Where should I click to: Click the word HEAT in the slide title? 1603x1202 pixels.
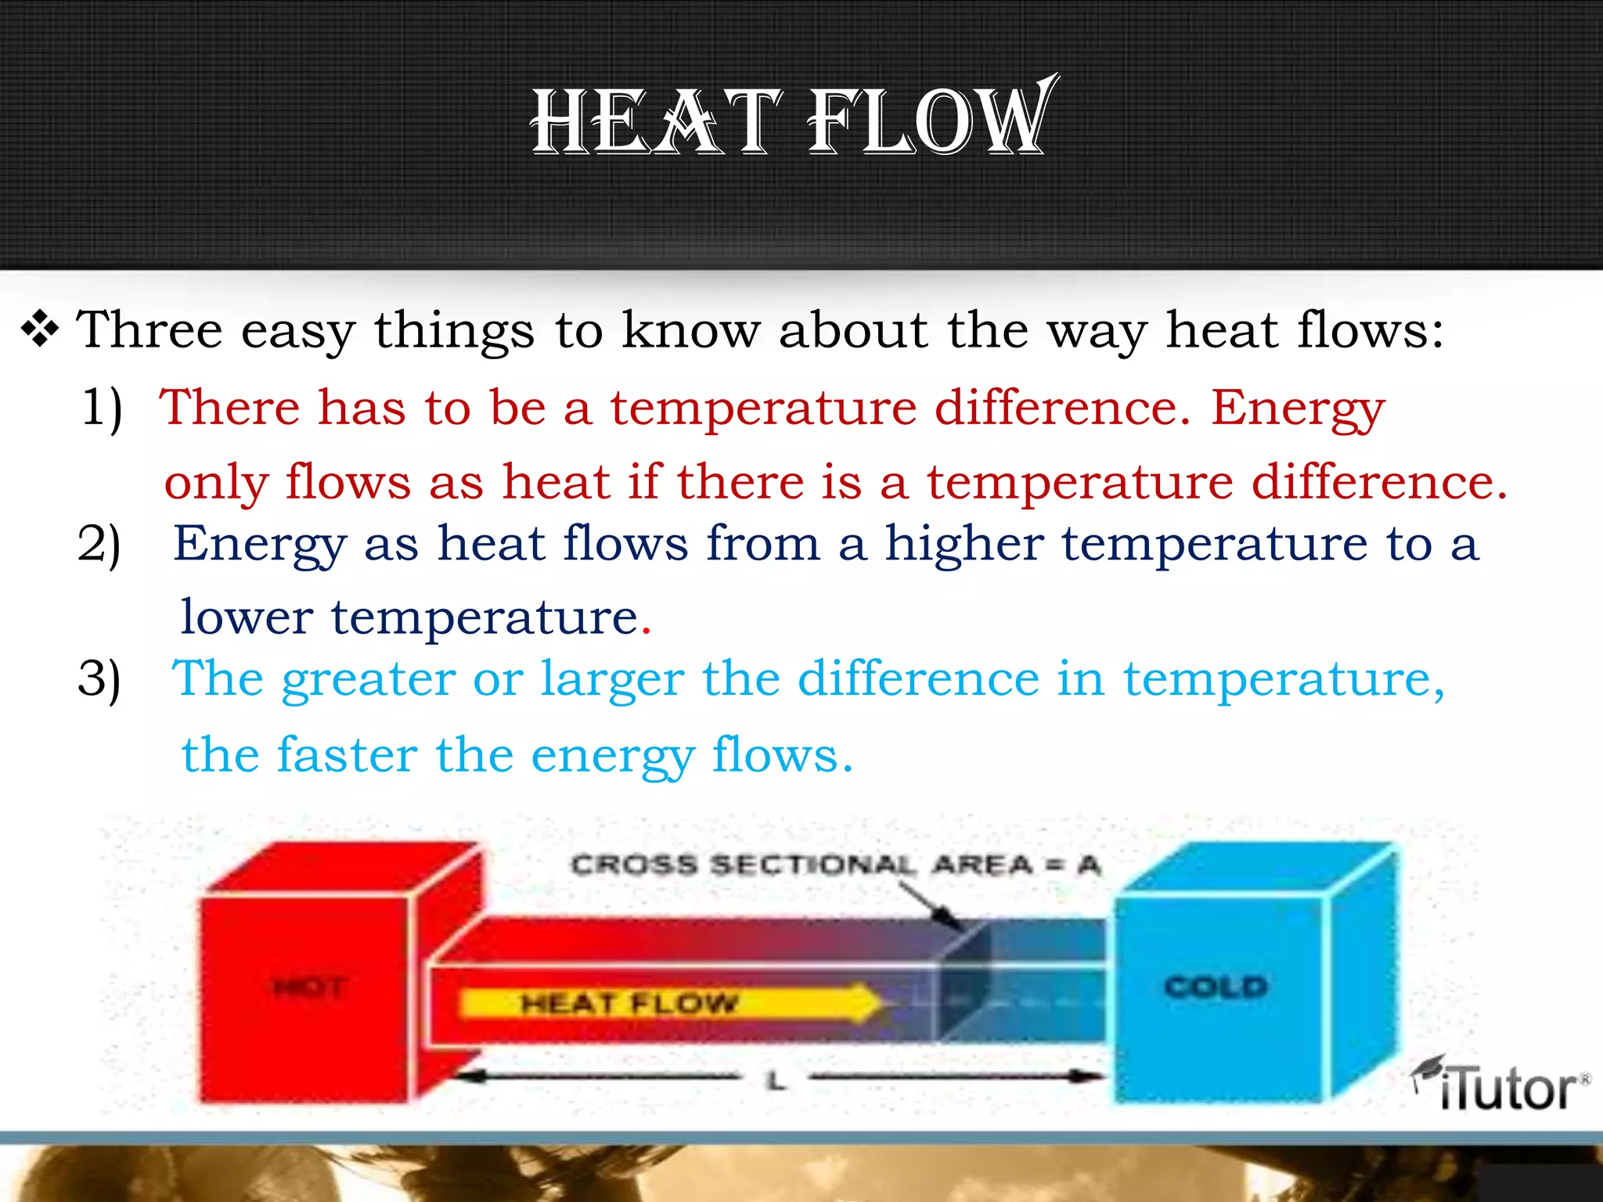tap(656, 122)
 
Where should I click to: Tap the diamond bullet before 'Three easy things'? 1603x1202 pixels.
tap(40, 329)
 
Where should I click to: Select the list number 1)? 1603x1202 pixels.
tap(103, 408)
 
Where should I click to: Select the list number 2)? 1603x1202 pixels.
tap(99, 544)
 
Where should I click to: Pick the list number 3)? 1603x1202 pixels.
tap(99, 678)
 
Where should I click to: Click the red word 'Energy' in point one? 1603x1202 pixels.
tap(1298, 409)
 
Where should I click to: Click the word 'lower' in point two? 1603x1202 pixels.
tap(247, 617)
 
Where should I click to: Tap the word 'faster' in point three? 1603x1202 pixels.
tap(347, 755)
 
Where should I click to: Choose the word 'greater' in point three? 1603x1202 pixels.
tap(369, 679)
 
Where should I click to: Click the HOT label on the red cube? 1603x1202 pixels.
tap(310, 988)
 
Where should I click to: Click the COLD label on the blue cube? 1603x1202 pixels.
tap(1216, 987)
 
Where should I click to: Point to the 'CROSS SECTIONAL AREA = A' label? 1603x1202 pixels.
tap(835, 865)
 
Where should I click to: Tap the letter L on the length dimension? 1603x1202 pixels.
tap(775, 1081)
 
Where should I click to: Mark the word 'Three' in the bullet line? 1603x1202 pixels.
tap(149, 329)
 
